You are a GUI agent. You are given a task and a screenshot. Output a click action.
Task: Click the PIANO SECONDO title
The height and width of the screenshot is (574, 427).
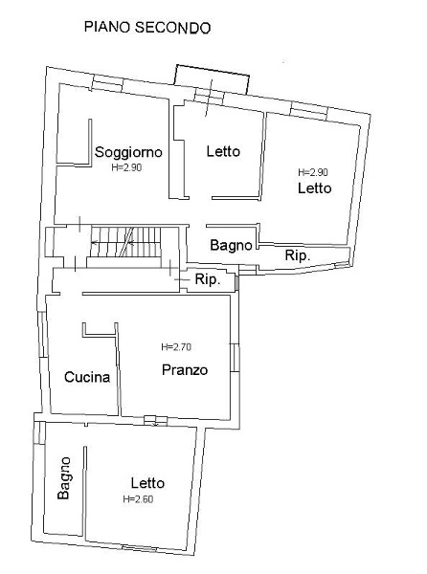147,28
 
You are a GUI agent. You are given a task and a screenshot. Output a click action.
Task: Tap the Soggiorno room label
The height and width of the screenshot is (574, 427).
128,152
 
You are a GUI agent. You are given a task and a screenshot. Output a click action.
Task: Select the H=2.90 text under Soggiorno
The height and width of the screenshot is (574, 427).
126,167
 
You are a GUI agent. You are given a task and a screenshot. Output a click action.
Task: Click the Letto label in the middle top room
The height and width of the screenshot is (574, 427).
223,151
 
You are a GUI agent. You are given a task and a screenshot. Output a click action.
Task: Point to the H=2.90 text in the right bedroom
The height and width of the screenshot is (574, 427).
313,172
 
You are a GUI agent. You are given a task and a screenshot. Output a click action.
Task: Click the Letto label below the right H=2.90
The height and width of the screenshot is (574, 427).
315,188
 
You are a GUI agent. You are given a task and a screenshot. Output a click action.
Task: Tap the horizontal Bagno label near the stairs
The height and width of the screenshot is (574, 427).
231,245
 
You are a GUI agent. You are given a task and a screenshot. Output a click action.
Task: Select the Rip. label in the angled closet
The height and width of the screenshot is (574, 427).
298,255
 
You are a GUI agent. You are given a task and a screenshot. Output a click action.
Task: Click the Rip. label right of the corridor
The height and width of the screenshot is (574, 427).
208,279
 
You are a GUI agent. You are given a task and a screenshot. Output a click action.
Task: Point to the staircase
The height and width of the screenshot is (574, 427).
125,242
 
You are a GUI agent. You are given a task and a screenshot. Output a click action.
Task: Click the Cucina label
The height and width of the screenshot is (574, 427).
87,377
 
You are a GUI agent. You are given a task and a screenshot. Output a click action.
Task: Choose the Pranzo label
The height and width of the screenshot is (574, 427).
185,369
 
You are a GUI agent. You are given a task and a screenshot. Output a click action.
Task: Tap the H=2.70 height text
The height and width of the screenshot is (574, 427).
176,346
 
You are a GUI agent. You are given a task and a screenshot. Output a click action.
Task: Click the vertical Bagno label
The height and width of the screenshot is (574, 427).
64,477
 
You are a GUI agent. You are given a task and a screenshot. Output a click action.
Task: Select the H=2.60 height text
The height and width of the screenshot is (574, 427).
138,499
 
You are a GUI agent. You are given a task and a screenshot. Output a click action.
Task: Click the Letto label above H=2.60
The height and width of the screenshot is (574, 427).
147,483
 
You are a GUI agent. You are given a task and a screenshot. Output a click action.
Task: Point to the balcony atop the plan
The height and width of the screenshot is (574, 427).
212,79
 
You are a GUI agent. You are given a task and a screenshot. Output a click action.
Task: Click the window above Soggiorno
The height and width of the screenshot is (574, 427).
106,84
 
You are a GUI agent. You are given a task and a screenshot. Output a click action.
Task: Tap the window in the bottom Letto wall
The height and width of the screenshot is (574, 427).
140,548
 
